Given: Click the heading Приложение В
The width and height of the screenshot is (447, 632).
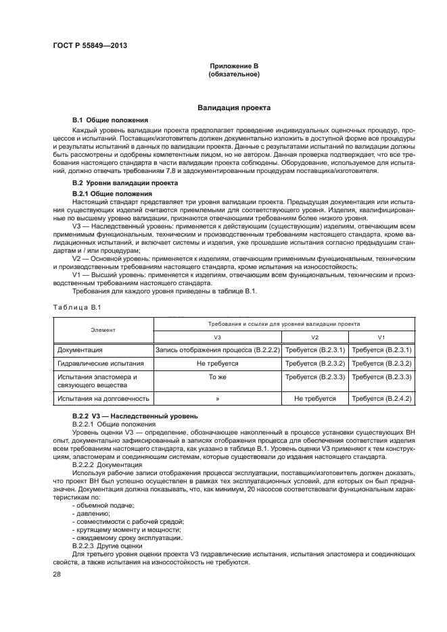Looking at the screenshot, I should (234, 66).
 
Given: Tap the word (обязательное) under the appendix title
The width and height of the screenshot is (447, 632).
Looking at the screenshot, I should (234, 74).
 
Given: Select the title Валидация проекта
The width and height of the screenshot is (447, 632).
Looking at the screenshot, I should (234, 107).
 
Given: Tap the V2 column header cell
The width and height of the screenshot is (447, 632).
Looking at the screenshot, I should (314, 336).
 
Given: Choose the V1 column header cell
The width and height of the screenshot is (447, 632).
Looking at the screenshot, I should (381, 336).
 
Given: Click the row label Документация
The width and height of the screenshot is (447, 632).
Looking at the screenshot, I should (80, 350).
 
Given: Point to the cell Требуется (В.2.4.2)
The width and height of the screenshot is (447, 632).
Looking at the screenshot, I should (381, 399).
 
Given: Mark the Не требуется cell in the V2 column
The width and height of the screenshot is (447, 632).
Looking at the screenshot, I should (314, 399).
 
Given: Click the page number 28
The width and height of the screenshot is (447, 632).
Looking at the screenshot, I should (57, 574).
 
